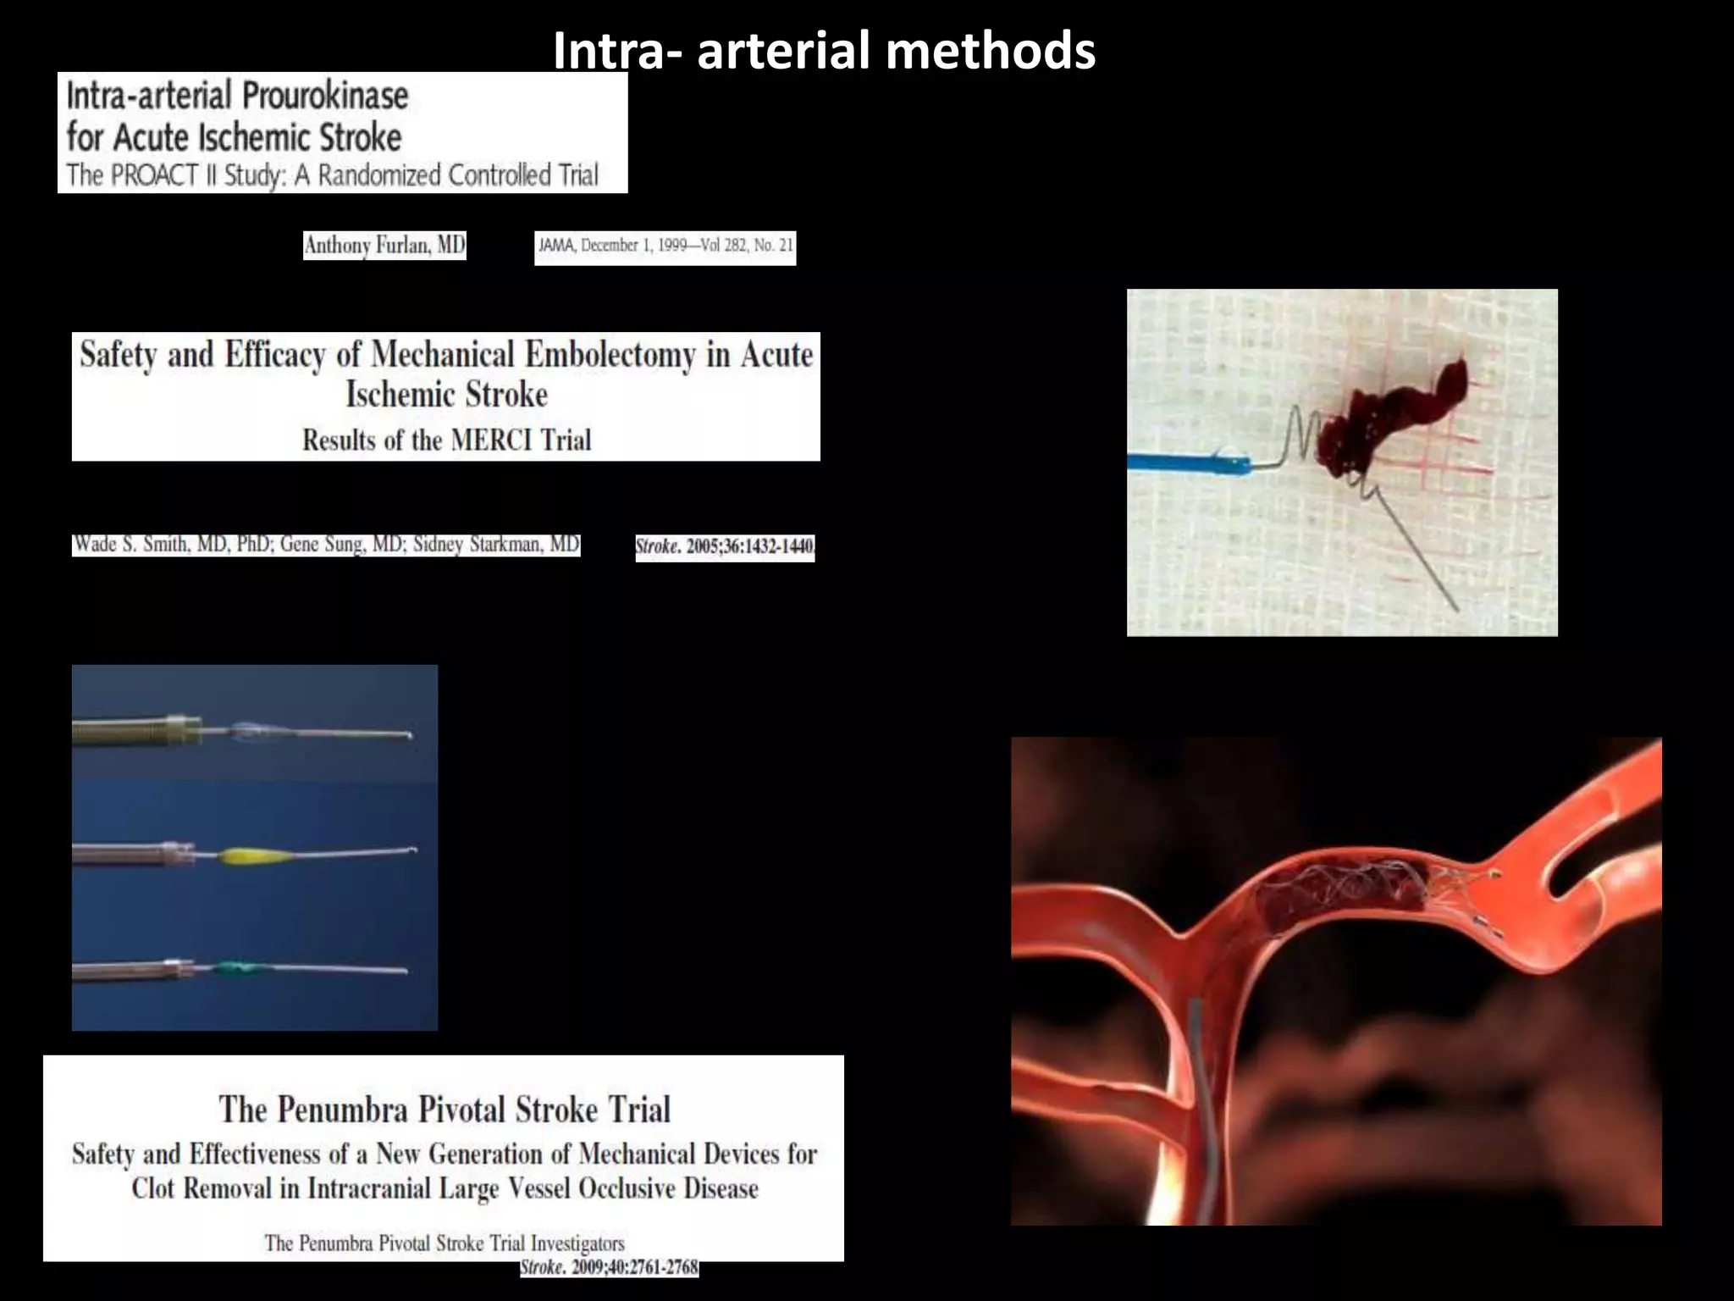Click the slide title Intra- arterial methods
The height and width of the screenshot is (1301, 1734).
coord(824,51)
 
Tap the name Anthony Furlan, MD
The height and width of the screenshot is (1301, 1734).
coord(384,246)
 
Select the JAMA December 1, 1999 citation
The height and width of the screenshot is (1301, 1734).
coord(665,246)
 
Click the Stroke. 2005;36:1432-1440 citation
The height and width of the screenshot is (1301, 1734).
coord(725,546)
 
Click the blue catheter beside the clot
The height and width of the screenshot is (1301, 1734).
coord(1185,462)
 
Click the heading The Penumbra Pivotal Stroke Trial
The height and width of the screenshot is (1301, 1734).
coord(445,1110)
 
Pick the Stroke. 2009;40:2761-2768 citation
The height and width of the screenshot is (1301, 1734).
coord(610,1268)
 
